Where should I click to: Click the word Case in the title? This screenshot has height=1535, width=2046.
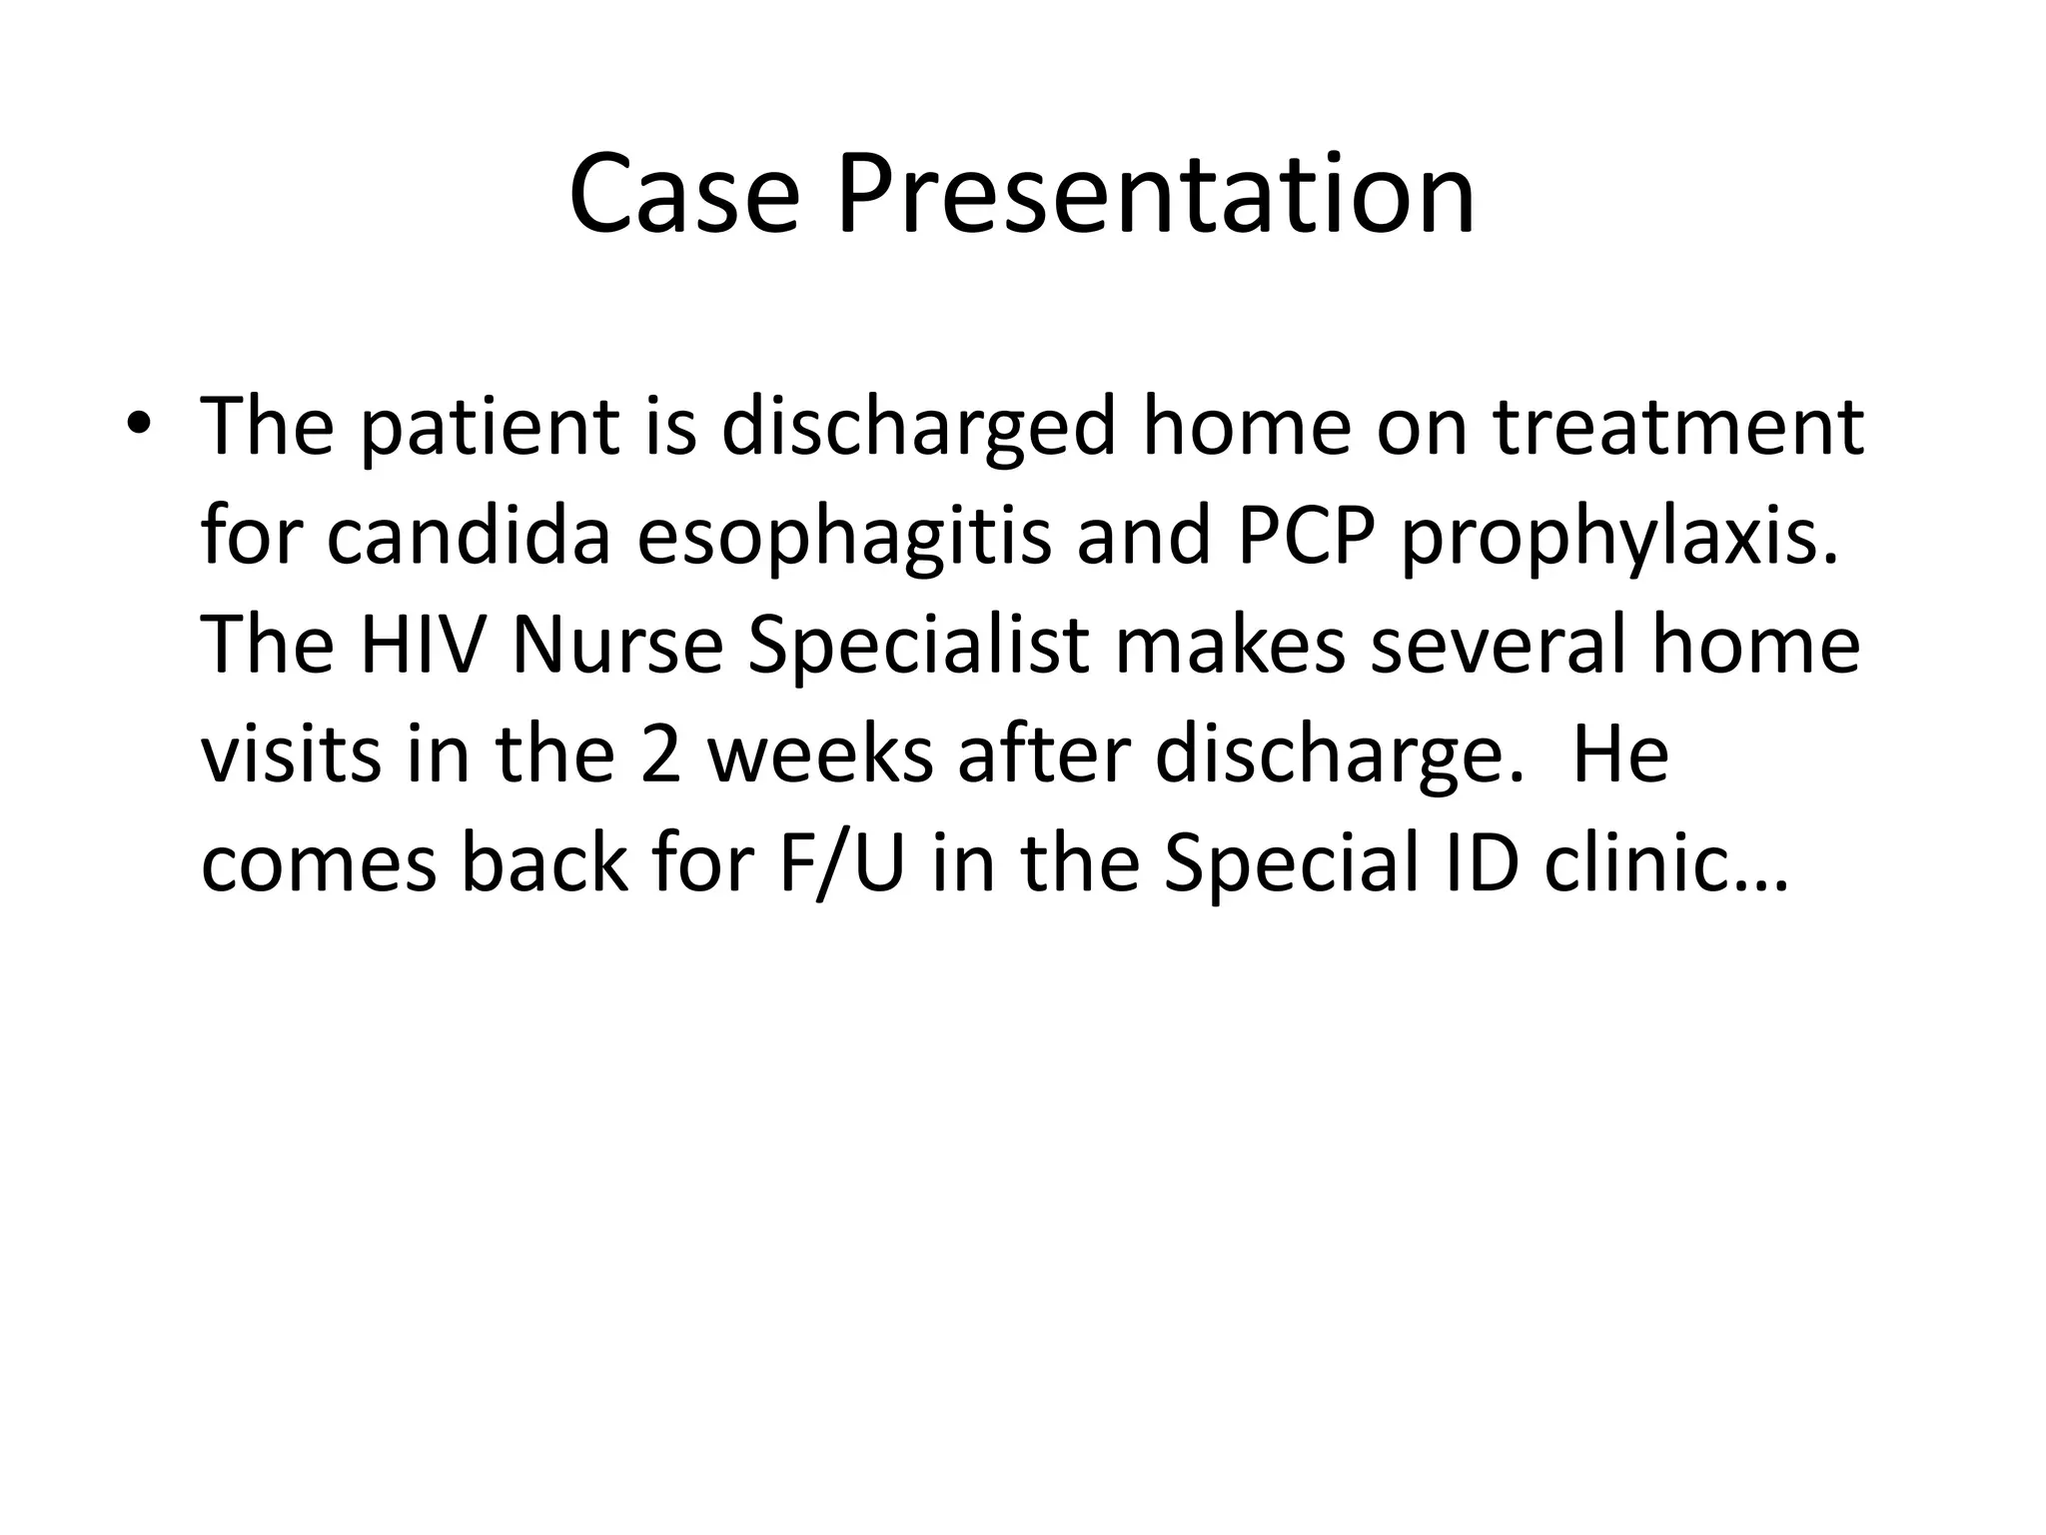coord(684,194)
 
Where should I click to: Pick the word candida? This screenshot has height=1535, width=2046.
coord(469,536)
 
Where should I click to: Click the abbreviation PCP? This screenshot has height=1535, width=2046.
coord(1305,536)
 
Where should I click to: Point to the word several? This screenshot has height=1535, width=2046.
coord(1498,645)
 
